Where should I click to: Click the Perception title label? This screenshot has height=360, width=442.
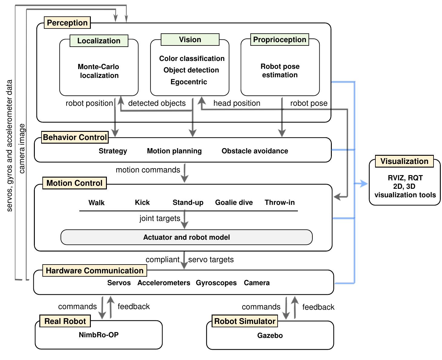click(x=67, y=23)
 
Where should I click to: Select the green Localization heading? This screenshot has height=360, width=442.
click(x=99, y=41)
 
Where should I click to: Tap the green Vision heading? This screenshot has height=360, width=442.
click(x=190, y=39)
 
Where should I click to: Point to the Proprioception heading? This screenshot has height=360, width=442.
click(x=279, y=39)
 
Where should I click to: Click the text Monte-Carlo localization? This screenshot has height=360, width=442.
click(x=99, y=71)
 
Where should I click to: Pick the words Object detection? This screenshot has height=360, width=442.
click(x=191, y=70)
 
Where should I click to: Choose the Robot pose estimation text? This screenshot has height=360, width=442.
click(x=280, y=71)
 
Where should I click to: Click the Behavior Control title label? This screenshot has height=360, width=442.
click(x=75, y=137)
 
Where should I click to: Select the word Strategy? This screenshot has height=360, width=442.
click(x=113, y=151)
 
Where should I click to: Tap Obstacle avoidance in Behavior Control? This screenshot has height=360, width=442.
click(x=255, y=151)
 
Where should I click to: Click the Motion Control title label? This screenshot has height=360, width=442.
click(x=74, y=183)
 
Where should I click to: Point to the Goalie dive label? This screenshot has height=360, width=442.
click(x=234, y=202)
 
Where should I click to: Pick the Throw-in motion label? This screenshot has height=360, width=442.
click(x=279, y=202)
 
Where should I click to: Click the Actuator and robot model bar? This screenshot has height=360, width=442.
click(x=186, y=237)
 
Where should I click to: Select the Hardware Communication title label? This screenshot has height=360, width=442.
click(x=94, y=271)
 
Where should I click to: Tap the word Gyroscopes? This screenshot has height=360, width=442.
click(x=216, y=283)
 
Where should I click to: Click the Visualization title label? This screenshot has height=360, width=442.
click(x=404, y=161)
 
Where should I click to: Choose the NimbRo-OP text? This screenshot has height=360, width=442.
click(x=99, y=335)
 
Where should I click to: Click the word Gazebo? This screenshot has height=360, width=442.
click(x=270, y=335)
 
